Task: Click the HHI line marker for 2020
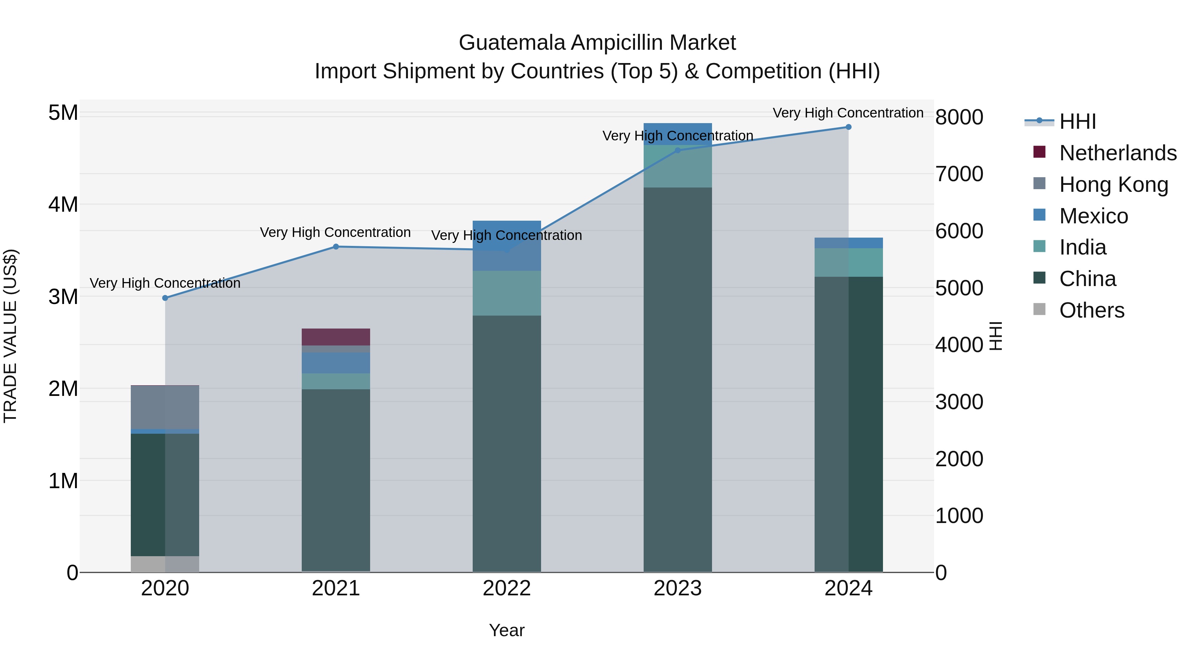click(x=165, y=298)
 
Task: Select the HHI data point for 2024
click(x=848, y=127)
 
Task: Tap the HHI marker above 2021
click(x=336, y=247)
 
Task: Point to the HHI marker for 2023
click(x=677, y=150)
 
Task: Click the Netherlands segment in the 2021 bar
click(x=336, y=337)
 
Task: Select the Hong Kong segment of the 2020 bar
click(x=165, y=407)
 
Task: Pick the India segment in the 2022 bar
click(x=507, y=293)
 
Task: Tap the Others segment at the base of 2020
click(x=165, y=563)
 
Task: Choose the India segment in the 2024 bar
click(x=848, y=262)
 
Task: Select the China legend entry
click(x=1087, y=279)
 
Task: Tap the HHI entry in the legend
click(x=1077, y=121)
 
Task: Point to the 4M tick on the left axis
click(x=63, y=204)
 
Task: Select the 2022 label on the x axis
click(x=507, y=588)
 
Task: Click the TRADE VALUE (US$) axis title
click(x=10, y=336)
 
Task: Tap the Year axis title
click(x=507, y=630)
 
